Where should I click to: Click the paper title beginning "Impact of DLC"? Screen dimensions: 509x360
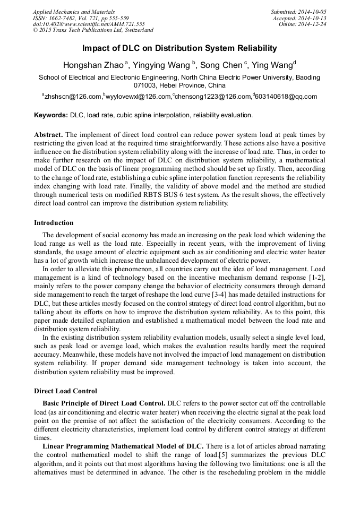(x=179, y=48)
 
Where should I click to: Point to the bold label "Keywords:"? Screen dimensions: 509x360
(x=51, y=115)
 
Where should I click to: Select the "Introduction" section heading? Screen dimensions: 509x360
(x=54, y=223)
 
